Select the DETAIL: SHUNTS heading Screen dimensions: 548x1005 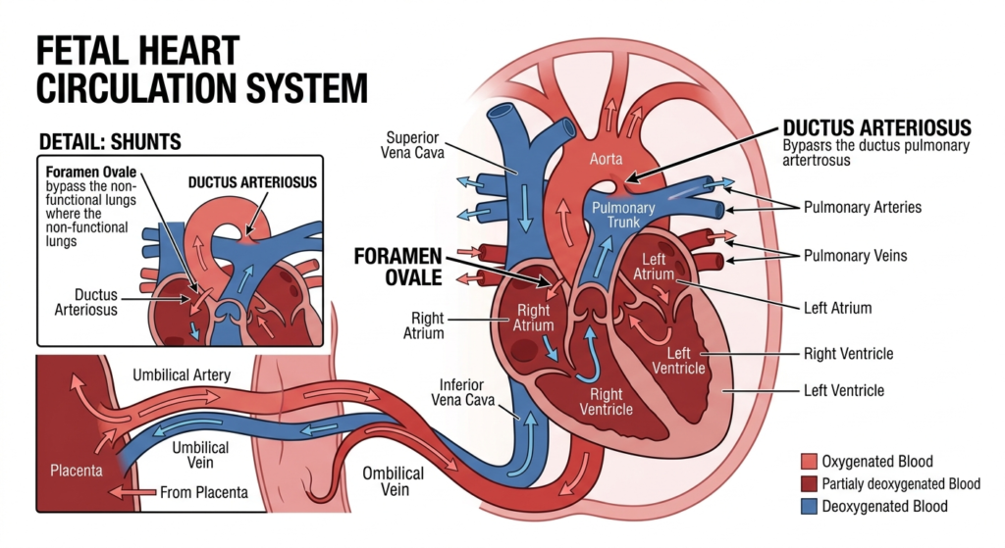click(109, 142)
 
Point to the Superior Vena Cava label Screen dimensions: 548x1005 click(415, 145)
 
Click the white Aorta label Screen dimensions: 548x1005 click(606, 159)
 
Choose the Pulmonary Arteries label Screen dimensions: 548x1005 click(863, 208)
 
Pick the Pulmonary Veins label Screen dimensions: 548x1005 click(855, 256)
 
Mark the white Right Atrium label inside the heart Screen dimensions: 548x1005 click(535, 318)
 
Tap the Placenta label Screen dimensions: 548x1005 click(76, 471)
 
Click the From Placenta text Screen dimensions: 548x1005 click(204, 492)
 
